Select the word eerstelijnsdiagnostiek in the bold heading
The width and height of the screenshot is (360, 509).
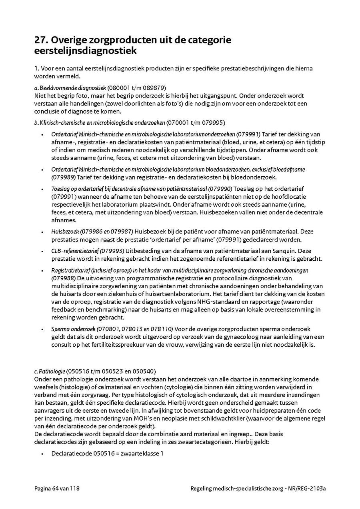pyautogui.click(x=86, y=51)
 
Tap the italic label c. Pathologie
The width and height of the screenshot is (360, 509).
pyautogui.click(x=50, y=371)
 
